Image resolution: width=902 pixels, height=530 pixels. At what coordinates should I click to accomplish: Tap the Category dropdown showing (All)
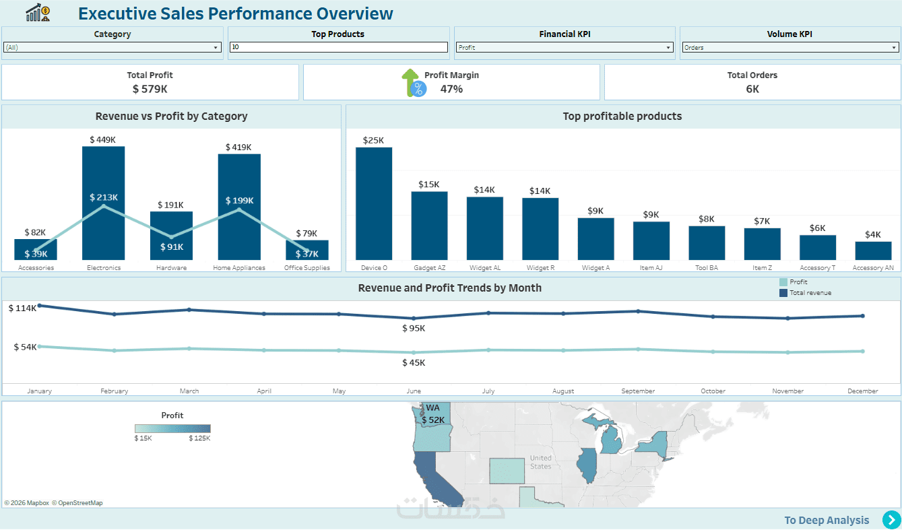pos(112,48)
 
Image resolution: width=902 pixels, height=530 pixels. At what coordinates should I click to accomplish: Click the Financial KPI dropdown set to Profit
pos(565,48)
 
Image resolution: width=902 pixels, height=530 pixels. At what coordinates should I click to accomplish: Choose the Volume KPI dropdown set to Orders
pos(790,48)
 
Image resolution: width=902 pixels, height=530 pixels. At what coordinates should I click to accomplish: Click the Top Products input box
pos(338,47)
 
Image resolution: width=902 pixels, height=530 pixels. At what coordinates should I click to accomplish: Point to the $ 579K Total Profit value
pos(150,89)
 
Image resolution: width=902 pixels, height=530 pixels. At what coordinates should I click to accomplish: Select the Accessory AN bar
pos(873,251)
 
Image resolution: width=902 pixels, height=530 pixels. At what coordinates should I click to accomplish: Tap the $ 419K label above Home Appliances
pos(238,147)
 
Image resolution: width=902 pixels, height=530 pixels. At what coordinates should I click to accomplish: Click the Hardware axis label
pos(171,268)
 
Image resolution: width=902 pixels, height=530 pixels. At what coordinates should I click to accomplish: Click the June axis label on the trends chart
pos(414,391)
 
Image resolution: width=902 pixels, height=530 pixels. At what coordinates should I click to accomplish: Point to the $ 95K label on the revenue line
pos(414,329)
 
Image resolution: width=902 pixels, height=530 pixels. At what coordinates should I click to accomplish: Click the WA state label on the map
pos(432,408)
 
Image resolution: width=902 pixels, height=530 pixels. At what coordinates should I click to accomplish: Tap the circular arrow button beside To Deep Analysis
pos(891,520)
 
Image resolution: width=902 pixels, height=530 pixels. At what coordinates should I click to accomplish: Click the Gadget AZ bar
pos(429,226)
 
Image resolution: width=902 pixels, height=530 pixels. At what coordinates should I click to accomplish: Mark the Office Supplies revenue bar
pos(307,250)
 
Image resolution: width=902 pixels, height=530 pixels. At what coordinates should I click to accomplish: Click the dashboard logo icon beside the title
pos(38,12)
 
